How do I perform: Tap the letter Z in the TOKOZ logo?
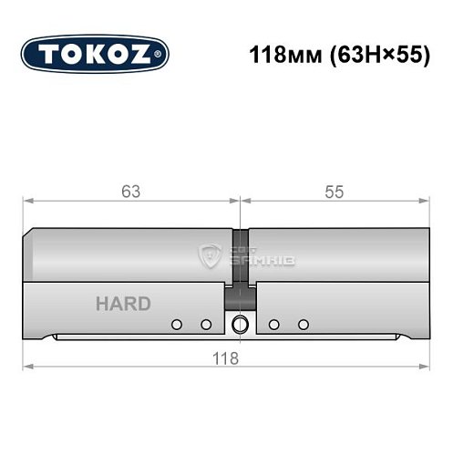[x=150, y=54]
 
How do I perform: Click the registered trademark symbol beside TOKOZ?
[x=164, y=54]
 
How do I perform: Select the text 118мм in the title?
[x=278, y=54]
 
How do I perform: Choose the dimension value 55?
[x=334, y=191]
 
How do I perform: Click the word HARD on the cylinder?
[x=123, y=305]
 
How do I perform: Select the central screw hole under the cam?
[x=241, y=324]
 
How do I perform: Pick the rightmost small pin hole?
[x=304, y=325]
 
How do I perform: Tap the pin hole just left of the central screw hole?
[x=206, y=325]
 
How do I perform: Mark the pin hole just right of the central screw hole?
[x=273, y=325]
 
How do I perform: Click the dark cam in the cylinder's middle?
[x=240, y=264]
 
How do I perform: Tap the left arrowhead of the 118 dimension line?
[x=27, y=368]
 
